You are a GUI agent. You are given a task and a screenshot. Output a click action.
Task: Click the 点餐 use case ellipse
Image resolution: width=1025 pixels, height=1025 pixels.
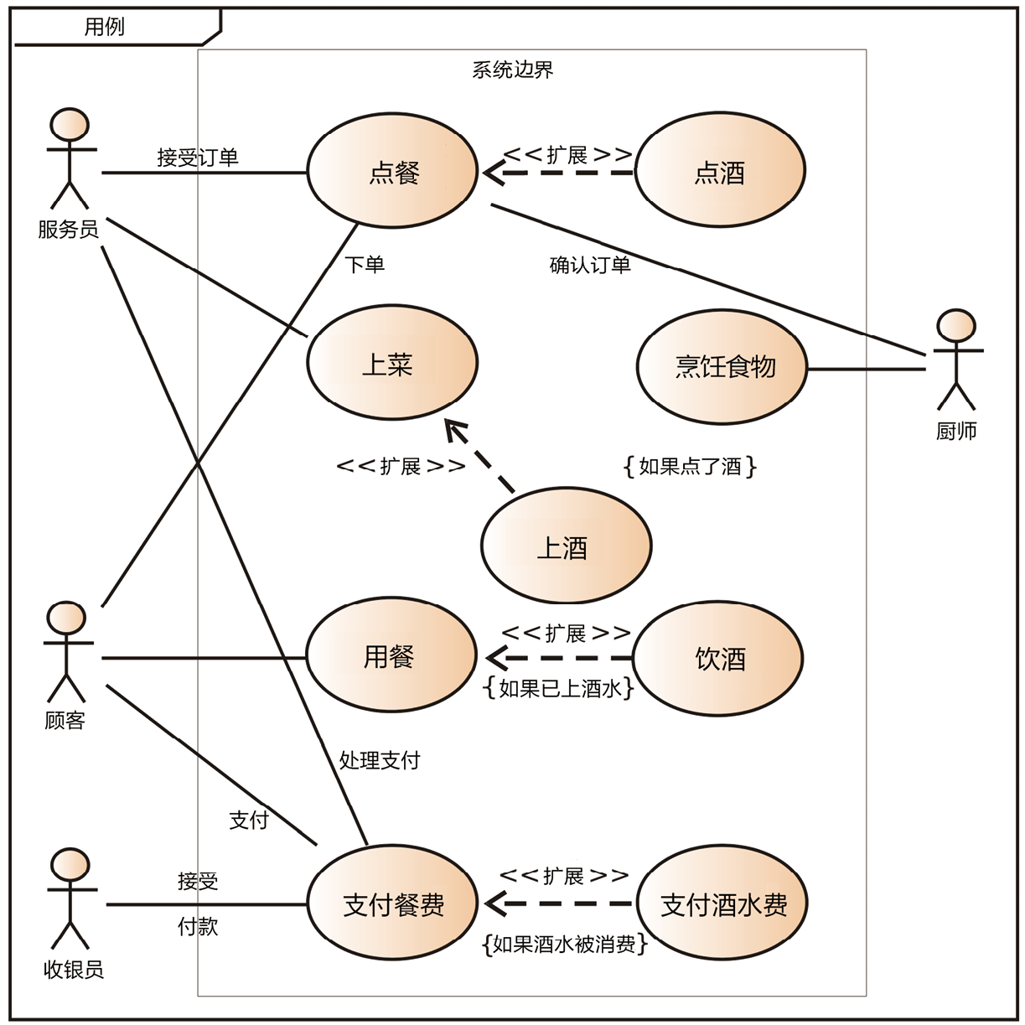[x=392, y=172]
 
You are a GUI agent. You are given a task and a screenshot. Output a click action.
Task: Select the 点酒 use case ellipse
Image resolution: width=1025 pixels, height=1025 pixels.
[x=719, y=172]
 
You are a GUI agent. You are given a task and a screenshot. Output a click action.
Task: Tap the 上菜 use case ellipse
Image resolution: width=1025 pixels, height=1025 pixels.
[x=391, y=364]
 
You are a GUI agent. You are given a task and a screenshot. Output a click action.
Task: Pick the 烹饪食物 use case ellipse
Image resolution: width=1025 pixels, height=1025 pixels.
[x=722, y=366]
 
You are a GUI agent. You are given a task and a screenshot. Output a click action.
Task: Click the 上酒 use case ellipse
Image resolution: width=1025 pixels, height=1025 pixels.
[x=566, y=546]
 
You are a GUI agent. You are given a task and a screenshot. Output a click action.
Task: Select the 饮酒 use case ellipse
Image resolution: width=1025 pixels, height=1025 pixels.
[x=718, y=659]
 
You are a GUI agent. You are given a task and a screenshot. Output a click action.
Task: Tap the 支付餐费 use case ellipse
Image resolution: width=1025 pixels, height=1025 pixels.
[x=393, y=903]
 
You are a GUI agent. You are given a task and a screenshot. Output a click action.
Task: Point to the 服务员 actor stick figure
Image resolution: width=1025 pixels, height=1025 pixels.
[x=70, y=159]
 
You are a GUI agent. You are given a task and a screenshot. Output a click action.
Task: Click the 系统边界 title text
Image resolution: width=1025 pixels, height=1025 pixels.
[x=513, y=70]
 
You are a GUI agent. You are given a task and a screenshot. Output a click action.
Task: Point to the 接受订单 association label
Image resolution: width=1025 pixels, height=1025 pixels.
[x=198, y=158]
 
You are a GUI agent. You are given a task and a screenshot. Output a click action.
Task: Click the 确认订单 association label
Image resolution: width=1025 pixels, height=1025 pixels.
[x=590, y=265]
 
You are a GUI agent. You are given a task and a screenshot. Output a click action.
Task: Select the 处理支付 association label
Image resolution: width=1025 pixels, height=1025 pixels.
[x=380, y=760]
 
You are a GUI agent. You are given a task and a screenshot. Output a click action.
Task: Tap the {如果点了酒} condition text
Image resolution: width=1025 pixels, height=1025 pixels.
[x=690, y=466]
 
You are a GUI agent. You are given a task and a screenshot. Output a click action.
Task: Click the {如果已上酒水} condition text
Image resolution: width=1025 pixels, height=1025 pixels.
[x=559, y=688]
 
